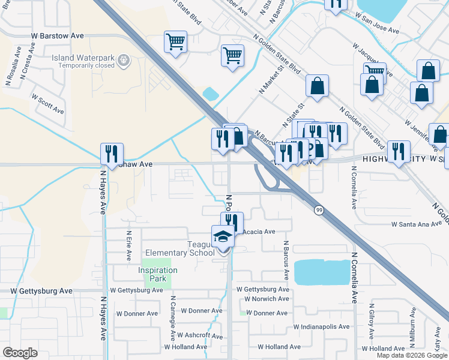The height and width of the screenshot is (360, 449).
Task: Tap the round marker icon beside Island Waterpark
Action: pos(124,59)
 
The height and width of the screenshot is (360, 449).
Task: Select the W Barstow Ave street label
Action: pos(58,36)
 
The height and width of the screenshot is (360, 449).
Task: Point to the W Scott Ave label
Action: pos(47,103)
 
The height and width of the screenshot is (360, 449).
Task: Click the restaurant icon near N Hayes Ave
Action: pos(112,154)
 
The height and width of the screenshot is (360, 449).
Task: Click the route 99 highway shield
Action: pos(319,210)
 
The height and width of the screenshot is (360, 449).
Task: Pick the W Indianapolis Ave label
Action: pos(321,327)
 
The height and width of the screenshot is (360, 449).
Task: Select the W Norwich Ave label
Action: pos(263,299)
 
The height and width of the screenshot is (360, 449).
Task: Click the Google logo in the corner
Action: pos(20,353)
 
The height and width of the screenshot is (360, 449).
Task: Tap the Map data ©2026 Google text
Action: pos(412,355)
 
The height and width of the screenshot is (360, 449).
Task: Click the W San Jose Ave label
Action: pos(376,29)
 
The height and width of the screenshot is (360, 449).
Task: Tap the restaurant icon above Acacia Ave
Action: pos(232,223)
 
